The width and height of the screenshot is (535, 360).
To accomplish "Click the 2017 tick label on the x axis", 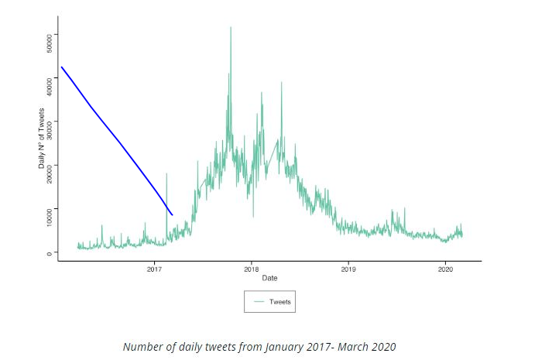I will [x=153, y=269].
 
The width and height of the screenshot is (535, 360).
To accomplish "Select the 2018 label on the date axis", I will [x=251, y=269].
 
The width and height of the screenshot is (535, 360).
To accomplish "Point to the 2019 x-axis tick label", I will [x=348, y=269].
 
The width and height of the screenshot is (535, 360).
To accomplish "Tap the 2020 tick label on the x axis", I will [x=446, y=269].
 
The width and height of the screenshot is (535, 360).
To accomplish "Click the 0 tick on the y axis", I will [x=48, y=253].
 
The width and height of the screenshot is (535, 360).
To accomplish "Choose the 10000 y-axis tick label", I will [x=48, y=210].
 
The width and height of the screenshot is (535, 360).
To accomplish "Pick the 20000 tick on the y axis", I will [x=48, y=166].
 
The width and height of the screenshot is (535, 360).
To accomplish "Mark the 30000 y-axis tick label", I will [x=48, y=123].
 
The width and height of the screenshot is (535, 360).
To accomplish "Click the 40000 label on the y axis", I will [x=48, y=80].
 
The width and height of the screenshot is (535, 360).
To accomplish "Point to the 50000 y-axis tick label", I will [x=48, y=36].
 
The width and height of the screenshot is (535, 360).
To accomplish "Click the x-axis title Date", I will [x=269, y=277].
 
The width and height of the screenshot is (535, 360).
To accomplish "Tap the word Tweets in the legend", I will [x=280, y=302].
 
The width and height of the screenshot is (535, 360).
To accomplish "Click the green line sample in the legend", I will [x=258, y=302].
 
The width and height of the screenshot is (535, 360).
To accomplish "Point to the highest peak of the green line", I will [x=231, y=28].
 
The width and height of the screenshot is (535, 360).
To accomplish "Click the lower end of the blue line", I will [x=172, y=214].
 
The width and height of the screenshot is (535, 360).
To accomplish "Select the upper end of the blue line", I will [x=61, y=67].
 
